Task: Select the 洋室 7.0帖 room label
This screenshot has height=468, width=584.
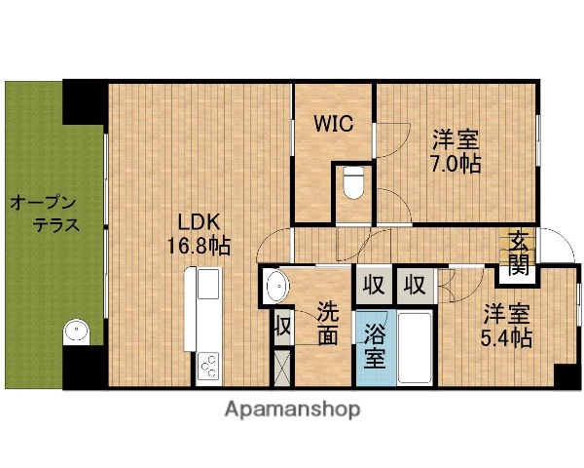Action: [456, 153]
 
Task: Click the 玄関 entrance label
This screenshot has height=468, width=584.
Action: [520, 252]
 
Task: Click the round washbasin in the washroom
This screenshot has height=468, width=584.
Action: [276, 289]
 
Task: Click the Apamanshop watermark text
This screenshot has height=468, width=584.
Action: [292, 409]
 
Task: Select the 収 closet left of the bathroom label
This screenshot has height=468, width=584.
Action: [373, 285]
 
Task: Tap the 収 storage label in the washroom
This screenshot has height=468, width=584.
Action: [282, 326]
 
